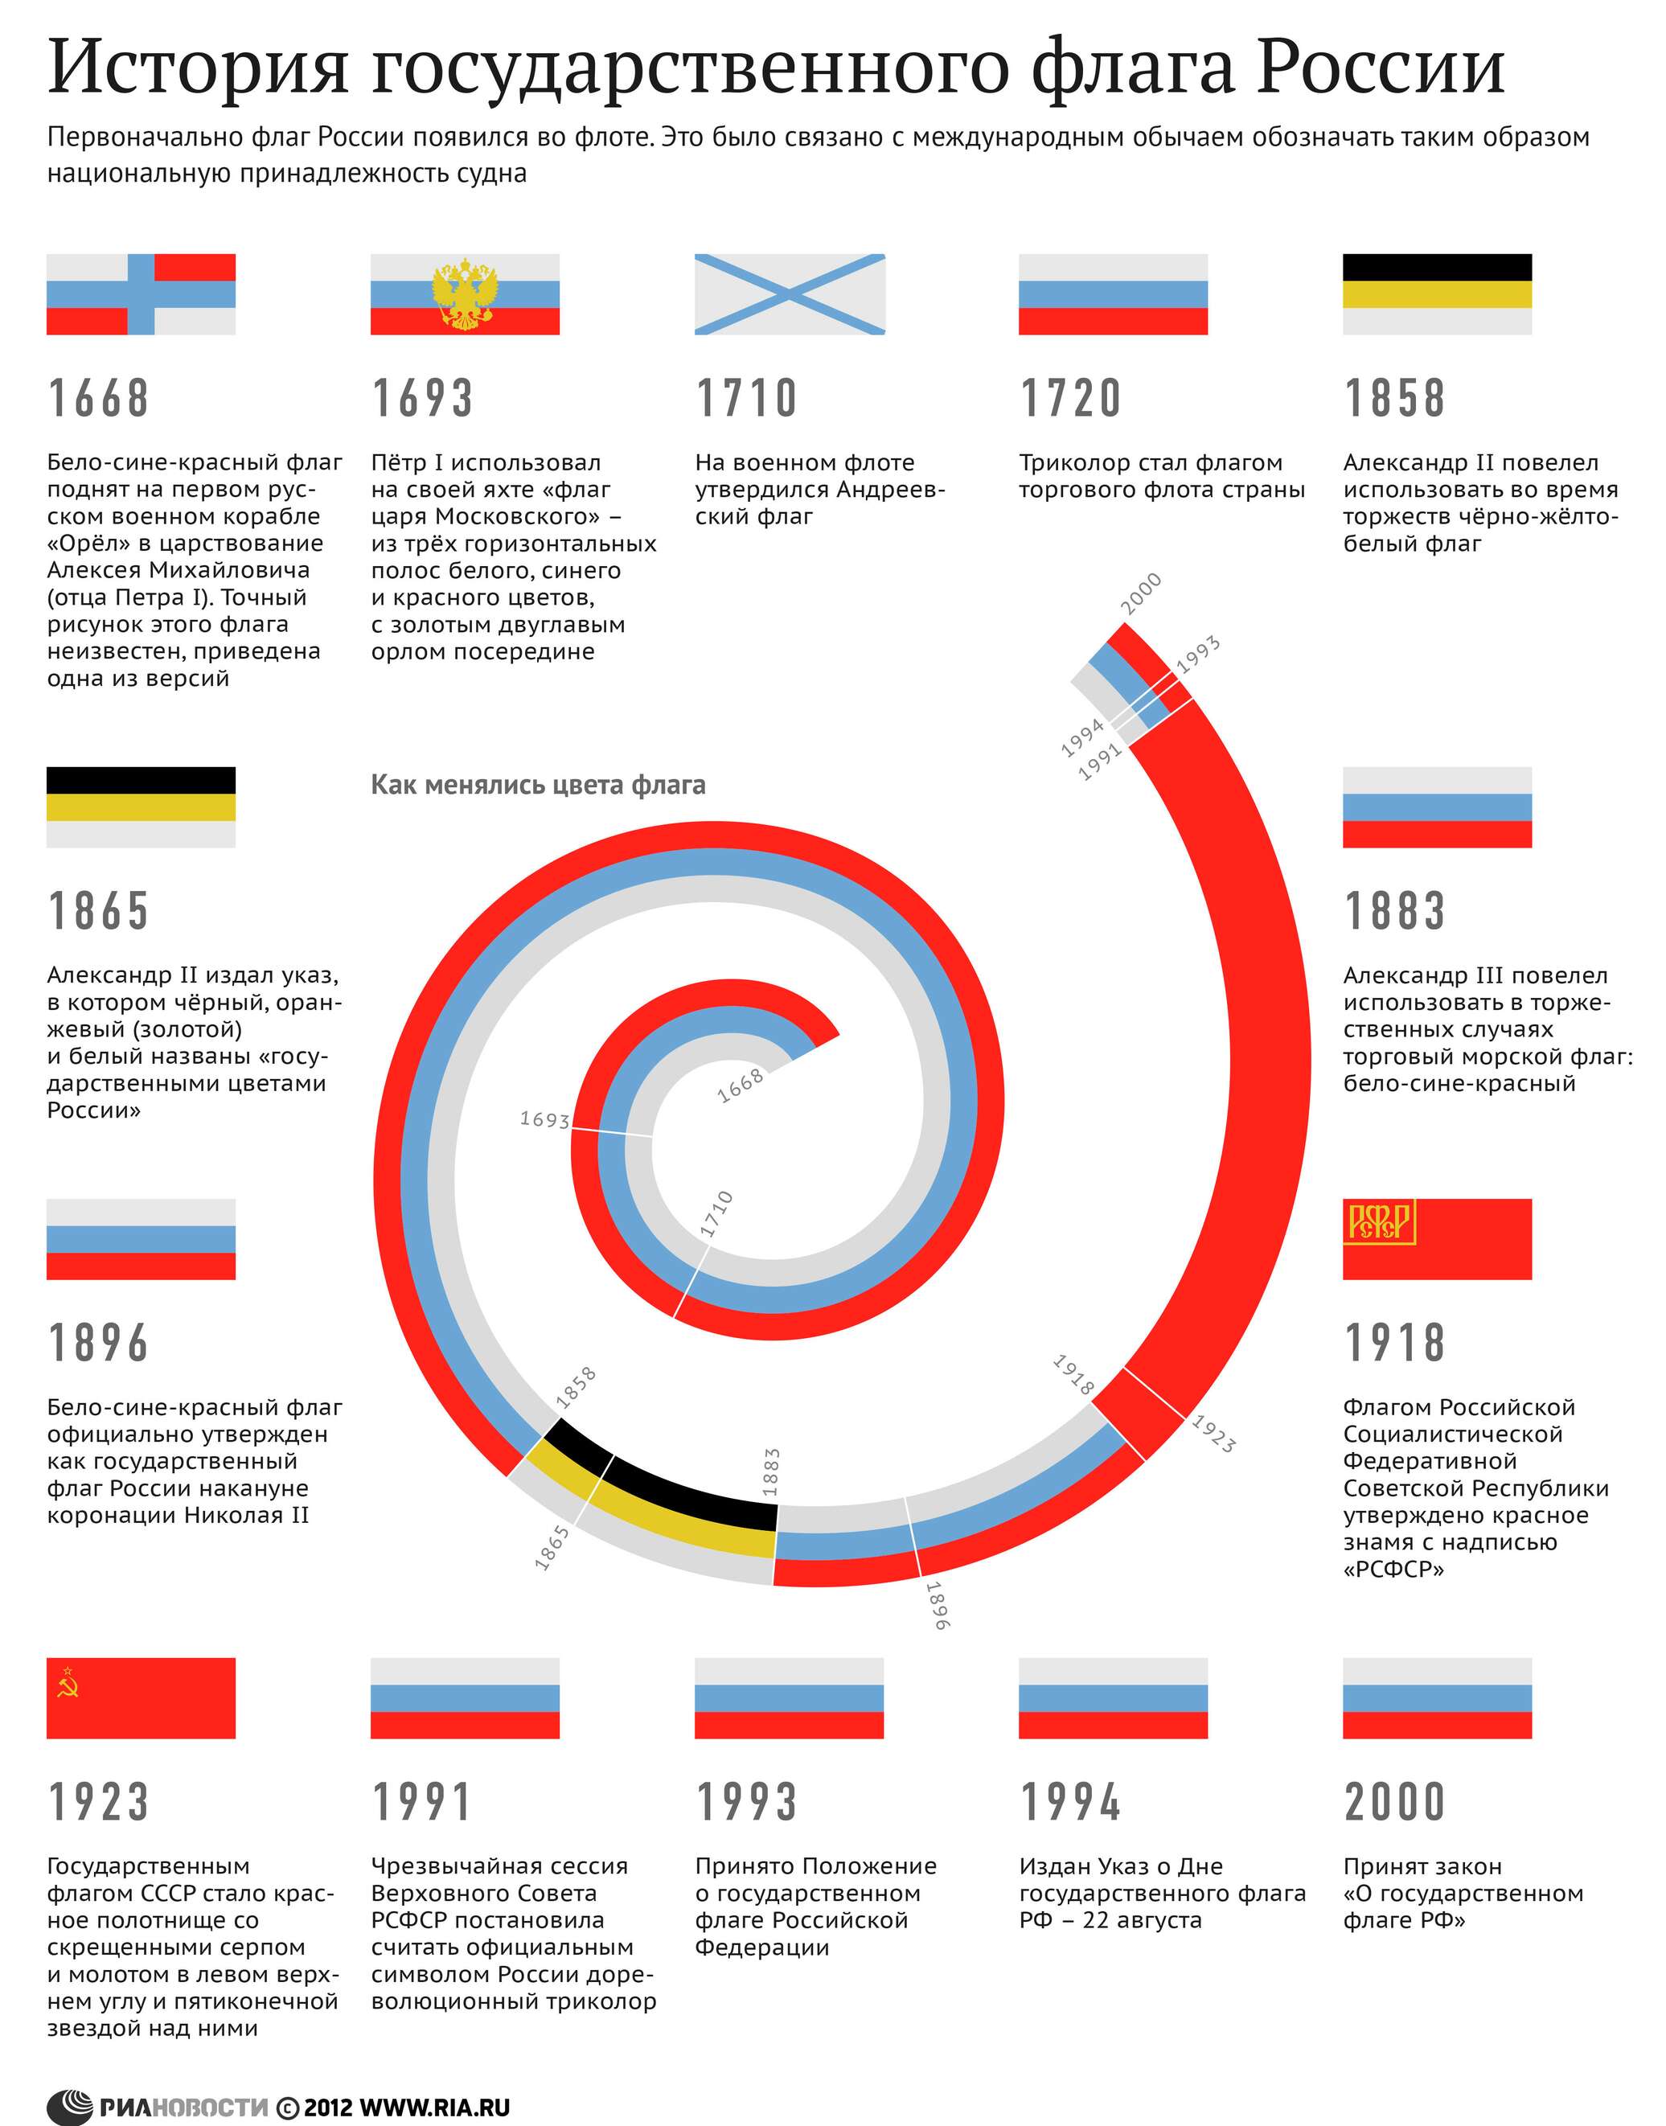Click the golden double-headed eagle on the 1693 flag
coord(466,293)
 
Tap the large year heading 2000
coord(1394,1801)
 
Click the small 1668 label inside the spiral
coord(741,1086)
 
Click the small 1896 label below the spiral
coord(937,1605)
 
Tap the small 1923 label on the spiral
coord(1213,1434)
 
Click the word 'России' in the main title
coord(1379,68)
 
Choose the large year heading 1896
coord(99,1343)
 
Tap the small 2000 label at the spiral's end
coord(1140,593)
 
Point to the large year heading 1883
coord(1394,911)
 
